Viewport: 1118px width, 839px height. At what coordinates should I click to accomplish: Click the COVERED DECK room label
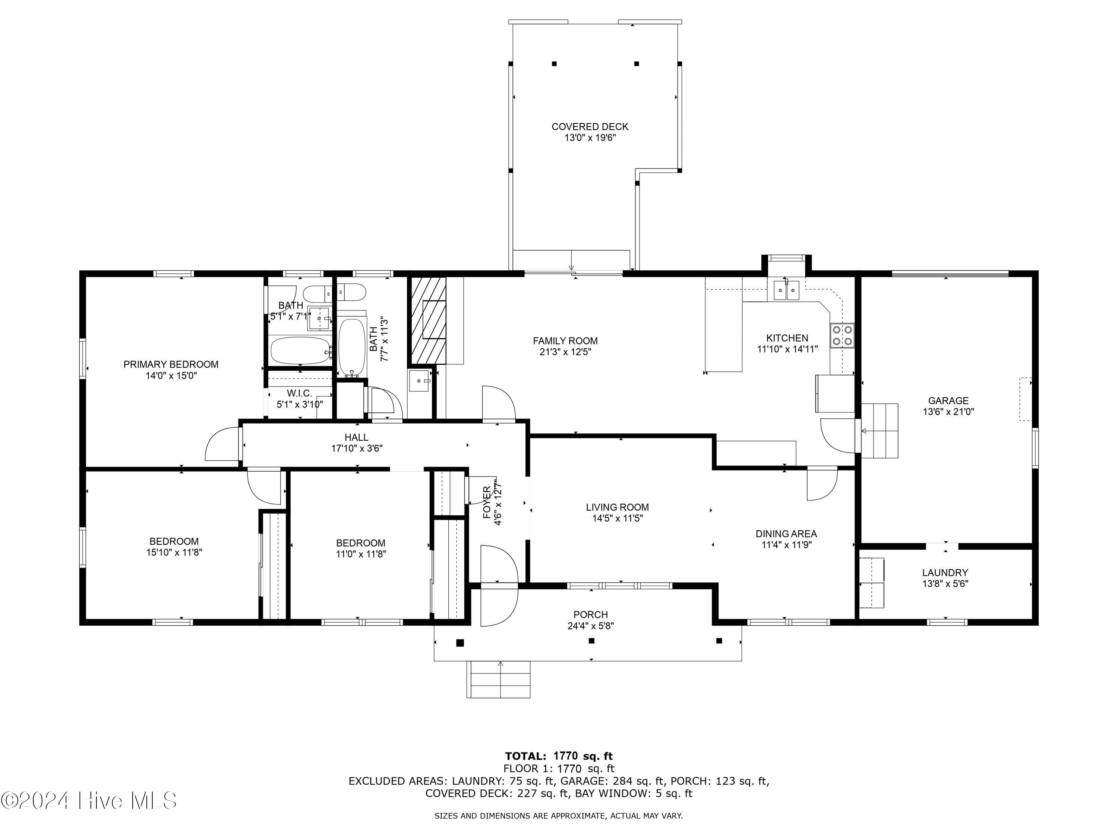coord(590,126)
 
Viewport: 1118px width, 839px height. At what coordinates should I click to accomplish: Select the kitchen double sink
coord(786,290)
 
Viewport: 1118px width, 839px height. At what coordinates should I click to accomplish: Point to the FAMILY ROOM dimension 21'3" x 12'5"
coord(565,352)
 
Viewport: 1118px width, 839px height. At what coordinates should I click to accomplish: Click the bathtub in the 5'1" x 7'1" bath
coord(300,350)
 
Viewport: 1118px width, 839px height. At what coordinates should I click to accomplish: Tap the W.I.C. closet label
coord(300,393)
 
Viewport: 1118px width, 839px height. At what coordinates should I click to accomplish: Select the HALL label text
coord(356,437)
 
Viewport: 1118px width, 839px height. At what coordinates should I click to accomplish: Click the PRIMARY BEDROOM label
coord(171,364)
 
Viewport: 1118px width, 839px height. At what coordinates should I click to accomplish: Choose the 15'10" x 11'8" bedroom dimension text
coord(174,552)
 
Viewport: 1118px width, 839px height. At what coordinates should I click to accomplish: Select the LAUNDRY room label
coord(945,572)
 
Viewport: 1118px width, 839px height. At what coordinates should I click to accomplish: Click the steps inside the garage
coord(880,430)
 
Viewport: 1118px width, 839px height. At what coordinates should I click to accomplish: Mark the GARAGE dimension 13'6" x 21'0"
coord(948,412)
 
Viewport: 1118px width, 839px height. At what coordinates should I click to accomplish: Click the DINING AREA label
coord(786,534)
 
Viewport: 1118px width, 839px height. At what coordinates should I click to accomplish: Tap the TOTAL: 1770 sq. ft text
coord(559,756)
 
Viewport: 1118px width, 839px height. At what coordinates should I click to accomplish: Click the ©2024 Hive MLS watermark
coord(89,801)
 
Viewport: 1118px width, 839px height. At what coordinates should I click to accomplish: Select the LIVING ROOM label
coord(617,507)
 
